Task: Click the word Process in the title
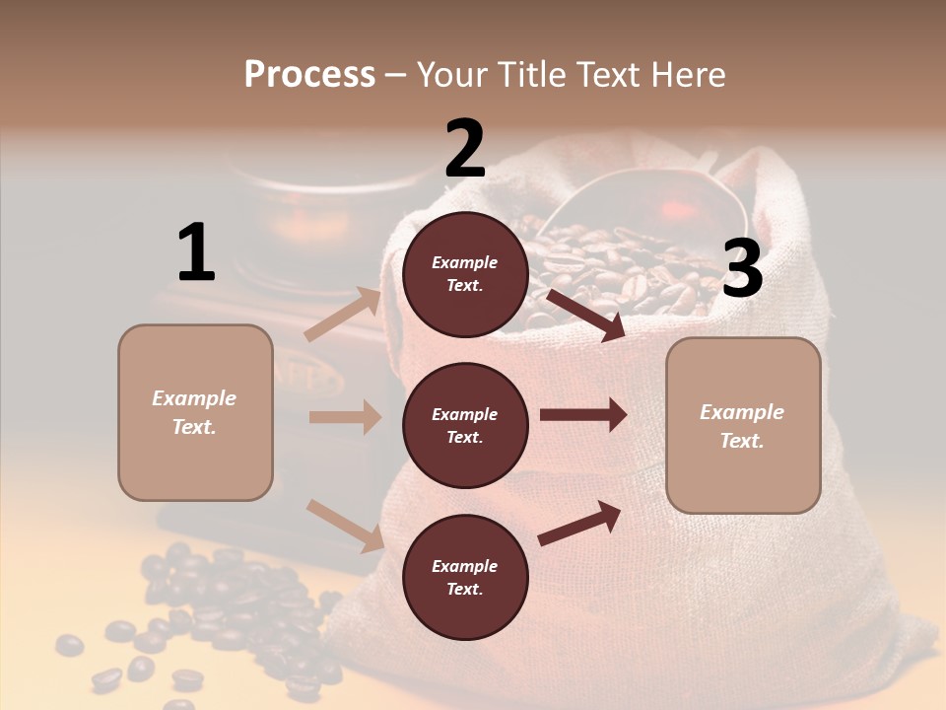(x=309, y=75)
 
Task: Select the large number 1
(x=196, y=253)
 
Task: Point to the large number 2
(x=465, y=149)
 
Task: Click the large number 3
(x=743, y=269)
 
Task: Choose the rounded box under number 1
(x=195, y=412)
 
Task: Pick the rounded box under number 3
(x=743, y=425)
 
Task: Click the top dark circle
(x=465, y=274)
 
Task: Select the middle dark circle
(x=465, y=425)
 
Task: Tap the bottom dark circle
(x=465, y=577)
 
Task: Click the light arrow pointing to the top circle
(x=343, y=314)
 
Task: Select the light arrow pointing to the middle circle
(x=345, y=417)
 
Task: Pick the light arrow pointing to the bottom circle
(x=345, y=525)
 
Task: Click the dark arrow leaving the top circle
(x=585, y=315)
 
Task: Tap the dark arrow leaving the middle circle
(x=583, y=415)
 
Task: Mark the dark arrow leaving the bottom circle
(x=580, y=522)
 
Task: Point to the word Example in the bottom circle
(x=464, y=566)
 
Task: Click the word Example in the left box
(x=194, y=398)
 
